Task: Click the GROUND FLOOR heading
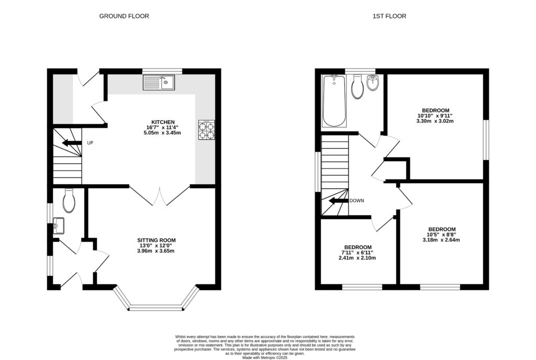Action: [x=124, y=16]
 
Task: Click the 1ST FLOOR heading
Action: [x=389, y=16]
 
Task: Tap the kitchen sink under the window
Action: [x=160, y=82]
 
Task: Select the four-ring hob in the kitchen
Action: [x=207, y=130]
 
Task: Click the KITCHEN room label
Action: [x=160, y=122]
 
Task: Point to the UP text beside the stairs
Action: [x=90, y=143]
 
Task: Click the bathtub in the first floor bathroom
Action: [x=334, y=102]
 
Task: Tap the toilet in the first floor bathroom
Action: [x=358, y=87]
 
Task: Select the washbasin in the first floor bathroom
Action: [x=373, y=83]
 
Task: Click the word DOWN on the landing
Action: [x=357, y=200]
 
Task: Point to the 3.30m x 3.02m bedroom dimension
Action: [x=434, y=121]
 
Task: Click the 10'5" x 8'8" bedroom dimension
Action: [x=441, y=235]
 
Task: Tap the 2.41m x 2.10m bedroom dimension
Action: [x=358, y=258]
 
